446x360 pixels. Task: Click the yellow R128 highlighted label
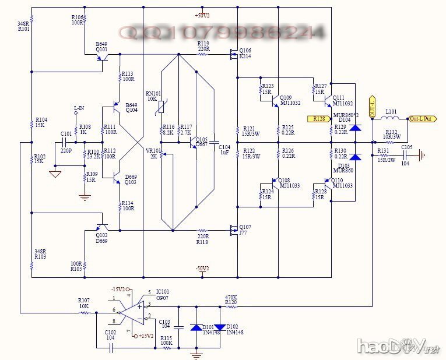point(319,118)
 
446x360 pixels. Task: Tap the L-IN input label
point(79,108)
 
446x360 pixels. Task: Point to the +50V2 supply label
point(203,15)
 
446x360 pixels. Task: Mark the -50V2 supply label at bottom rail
point(202,269)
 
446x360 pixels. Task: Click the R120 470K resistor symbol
point(231,305)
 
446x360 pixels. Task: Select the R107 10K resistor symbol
point(85,313)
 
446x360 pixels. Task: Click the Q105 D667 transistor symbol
point(194,142)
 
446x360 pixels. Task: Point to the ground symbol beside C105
point(423,156)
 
